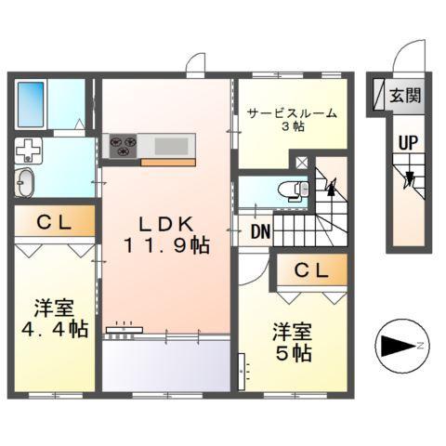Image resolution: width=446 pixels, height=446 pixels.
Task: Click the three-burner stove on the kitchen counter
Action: (x=124, y=145)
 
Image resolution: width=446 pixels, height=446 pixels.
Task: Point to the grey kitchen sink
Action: (x=170, y=145)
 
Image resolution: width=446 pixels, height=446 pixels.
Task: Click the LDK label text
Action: (x=165, y=224)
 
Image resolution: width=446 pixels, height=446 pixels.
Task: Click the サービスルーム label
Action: (x=292, y=114)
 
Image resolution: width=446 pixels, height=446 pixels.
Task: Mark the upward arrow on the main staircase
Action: (x=331, y=189)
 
